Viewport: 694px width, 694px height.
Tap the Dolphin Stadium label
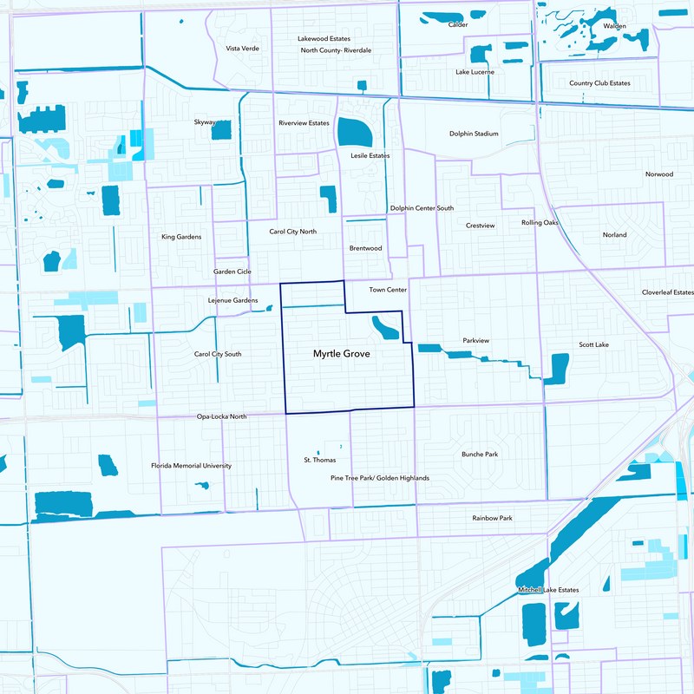pyautogui.click(x=474, y=134)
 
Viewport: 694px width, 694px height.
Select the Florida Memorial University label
pyautogui.click(x=191, y=466)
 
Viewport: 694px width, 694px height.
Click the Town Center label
pyautogui.click(x=388, y=290)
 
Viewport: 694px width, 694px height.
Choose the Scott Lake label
pyautogui.click(x=594, y=345)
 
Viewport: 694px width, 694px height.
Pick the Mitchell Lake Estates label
pyautogui.click(x=548, y=590)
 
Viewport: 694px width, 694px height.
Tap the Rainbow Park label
pyautogui.click(x=492, y=518)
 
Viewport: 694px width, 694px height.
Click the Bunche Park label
pyautogui.click(x=480, y=455)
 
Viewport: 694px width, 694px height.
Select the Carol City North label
pyautogui.click(x=292, y=232)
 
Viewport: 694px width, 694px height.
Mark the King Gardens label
pyautogui.click(x=181, y=237)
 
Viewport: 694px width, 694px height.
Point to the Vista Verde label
pyautogui.click(x=242, y=49)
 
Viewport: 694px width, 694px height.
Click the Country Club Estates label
pyautogui.click(x=599, y=83)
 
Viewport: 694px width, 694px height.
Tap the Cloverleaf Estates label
pyautogui.click(x=668, y=292)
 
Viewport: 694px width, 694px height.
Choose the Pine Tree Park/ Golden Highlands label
pyautogui.click(x=380, y=478)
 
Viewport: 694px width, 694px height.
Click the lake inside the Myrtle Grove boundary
pyautogui.click(x=384, y=328)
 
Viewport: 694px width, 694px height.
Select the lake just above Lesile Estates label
pyautogui.click(x=354, y=132)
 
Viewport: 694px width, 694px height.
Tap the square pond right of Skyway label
pyautogui.click(x=221, y=130)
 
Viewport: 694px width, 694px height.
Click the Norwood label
pyautogui.click(x=659, y=174)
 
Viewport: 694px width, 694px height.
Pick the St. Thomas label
pyautogui.click(x=318, y=460)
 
